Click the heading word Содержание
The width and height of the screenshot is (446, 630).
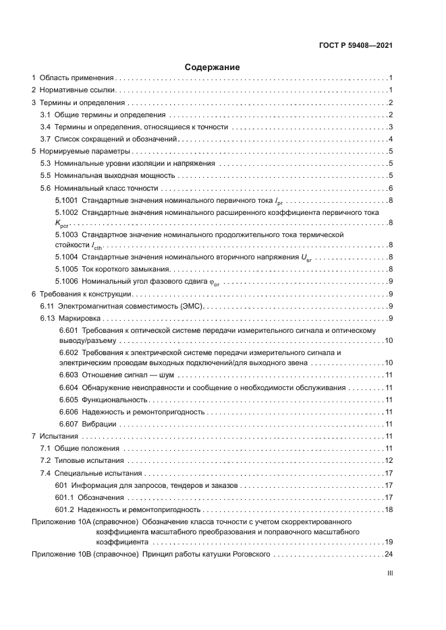pyautogui.click(x=212, y=67)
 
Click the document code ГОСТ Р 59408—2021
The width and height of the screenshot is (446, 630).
pyautogui.click(x=356, y=46)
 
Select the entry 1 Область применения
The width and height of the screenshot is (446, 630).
pyautogui.click(x=74, y=79)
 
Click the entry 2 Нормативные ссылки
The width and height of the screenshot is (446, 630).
pyautogui.click(x=74, y=90)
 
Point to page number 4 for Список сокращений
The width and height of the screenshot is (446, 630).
pyautogui.click(x=391, y=139)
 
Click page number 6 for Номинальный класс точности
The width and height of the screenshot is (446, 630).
pyautogui.click(x=391, y=187)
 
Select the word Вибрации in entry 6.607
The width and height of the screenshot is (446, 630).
pyautogui.click(x=99, y=424)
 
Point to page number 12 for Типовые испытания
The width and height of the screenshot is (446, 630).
pyautogui.click(x=389, y=461)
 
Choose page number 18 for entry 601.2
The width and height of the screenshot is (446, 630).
pyautogui.click(x=389, y=509)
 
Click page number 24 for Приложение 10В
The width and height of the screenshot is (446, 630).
pyautogui.click(x=388, y=554)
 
